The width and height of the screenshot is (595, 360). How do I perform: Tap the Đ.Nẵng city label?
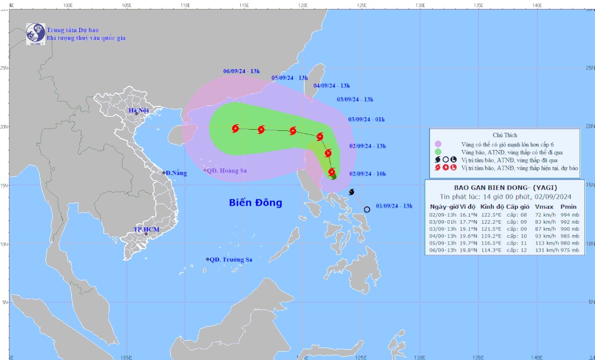pyautogui.click(x=176, y=173)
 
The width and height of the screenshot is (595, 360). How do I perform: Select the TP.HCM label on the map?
pyautogui.click(x=145, y=229)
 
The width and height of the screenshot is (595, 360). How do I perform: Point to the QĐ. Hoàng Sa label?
pyautogui.click(x=227, y=170)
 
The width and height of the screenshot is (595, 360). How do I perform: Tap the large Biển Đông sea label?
pyautogui.click(x=256, y=203)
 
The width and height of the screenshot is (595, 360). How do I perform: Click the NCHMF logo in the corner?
pyautogui.click(x=35, y=33)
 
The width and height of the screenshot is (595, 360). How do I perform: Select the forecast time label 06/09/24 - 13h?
pyautogui.click(x=242, y=71)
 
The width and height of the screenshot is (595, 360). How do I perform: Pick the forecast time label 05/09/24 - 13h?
pyautogui.click(x=290, y=78)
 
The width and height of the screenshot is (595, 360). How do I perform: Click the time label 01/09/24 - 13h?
pyautogui.click(x=394, y=206)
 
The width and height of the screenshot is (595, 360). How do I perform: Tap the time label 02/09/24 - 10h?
pyautogui.click(x=368, y=174)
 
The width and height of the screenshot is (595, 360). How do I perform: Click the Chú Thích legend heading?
pyautogui.click(x=505, y=135)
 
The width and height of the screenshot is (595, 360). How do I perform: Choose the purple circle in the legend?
pyautogui.click(x=439, y=144)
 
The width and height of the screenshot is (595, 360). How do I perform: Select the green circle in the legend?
pyautogui.click(x=439, y=152)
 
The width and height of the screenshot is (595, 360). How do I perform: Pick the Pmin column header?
pyautogui.click(x=568, y=206)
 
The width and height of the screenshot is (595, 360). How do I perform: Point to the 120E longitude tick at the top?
pyautogui.click(x=302, y=4)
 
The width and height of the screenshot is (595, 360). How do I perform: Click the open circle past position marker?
pyautogui.click(x=367, y=209)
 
